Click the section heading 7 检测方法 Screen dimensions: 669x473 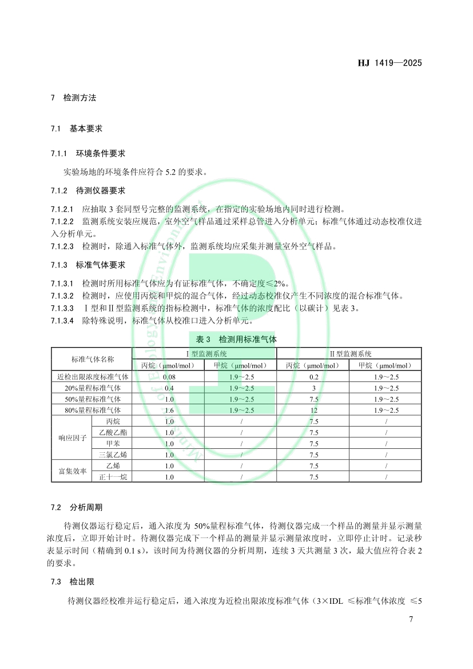[x=73, y=98]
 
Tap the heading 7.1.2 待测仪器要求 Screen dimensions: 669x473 [x=88, y=190]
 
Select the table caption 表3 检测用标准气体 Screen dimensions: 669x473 [x=236, y=339]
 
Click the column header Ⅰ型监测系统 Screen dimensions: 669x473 [x=204, y=354]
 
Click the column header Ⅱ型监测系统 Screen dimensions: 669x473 [x=349, y=354]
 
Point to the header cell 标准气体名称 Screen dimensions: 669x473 [x=92, y=360]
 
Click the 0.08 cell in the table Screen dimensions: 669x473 [x=169, y=377]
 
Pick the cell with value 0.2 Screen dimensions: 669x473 [x=313, y=377]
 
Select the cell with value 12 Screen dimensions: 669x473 [x=313, y=410]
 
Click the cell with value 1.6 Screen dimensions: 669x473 [x=169, y=410]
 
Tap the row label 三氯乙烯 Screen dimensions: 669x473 [x=112, y=455]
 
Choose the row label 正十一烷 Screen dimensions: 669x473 [x=112, y=477]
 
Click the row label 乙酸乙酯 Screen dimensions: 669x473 [x=112, y=432]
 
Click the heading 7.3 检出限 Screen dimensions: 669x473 [x=72, y=582]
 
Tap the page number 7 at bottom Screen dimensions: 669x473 [x=411, y=620]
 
